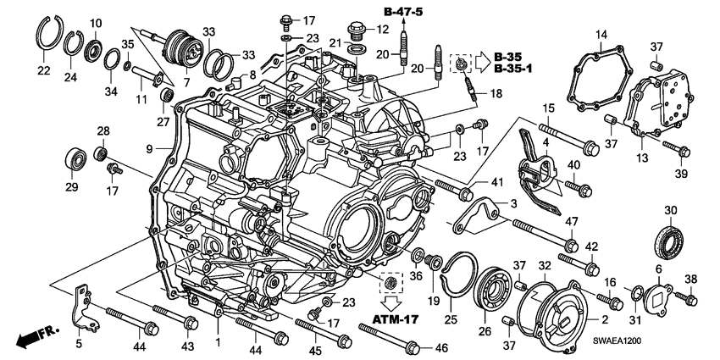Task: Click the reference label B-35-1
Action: [x=514, y=68]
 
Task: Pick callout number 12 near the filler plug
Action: [x=383, y=30]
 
